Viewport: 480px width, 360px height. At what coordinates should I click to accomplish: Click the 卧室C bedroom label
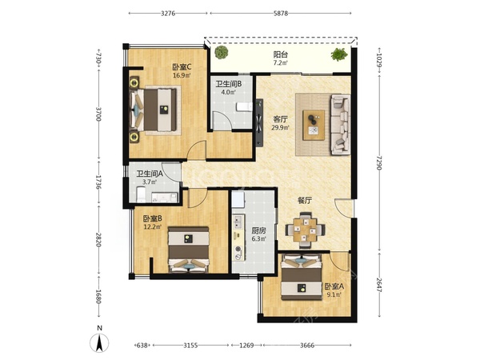pos(182,66)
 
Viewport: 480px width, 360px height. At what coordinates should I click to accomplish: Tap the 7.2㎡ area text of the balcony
pos(281,62)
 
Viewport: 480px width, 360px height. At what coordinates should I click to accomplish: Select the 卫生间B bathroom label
pos(228,84)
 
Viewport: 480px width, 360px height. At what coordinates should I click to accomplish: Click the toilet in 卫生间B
pos(244,106)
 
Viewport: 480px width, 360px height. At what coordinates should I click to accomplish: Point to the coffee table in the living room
pos(314,126)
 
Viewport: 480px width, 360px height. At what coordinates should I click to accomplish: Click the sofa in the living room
pos(340,124)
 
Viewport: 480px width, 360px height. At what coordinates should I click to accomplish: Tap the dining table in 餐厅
pos(305,230)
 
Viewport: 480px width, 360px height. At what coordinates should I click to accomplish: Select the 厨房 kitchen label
pos(258,230)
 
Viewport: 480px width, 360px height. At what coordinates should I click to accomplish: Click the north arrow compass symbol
pos(99,342)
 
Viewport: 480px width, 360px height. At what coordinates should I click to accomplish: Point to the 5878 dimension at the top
pos(281,14)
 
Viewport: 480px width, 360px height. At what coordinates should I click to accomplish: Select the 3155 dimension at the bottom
pos(190,346)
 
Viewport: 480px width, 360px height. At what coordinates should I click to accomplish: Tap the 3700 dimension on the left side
pos(98,114)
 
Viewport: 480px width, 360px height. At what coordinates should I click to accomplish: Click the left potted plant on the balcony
pos(222,52)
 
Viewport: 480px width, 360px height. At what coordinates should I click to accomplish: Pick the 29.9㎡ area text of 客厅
pos(280,127)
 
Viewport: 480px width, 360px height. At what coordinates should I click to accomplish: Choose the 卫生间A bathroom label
pos(150,174)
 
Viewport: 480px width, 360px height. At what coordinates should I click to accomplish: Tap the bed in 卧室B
pos(189,250)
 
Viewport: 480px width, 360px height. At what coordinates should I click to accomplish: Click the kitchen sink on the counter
pos(238,222)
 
